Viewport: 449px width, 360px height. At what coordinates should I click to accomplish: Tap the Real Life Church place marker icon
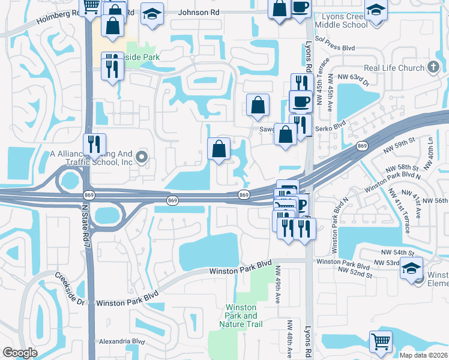click(433, 68)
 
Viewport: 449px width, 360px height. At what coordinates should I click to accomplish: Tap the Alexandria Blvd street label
click(122, 341)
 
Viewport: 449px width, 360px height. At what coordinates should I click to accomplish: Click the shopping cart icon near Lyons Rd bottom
click(381, 341)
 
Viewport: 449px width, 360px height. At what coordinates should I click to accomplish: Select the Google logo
click(20, 353)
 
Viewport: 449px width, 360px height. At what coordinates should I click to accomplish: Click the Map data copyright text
click(423, 355)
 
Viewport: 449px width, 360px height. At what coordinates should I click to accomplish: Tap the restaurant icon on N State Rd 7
click(94, 144)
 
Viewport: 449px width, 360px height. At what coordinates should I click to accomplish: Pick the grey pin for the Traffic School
click(142, 158)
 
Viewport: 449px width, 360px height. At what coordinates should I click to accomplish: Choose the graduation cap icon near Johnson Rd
click(152, 13)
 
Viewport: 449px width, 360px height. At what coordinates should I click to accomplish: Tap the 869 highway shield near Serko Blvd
click(361, 146)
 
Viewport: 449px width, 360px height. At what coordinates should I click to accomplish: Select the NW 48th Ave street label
click(289, 340)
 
